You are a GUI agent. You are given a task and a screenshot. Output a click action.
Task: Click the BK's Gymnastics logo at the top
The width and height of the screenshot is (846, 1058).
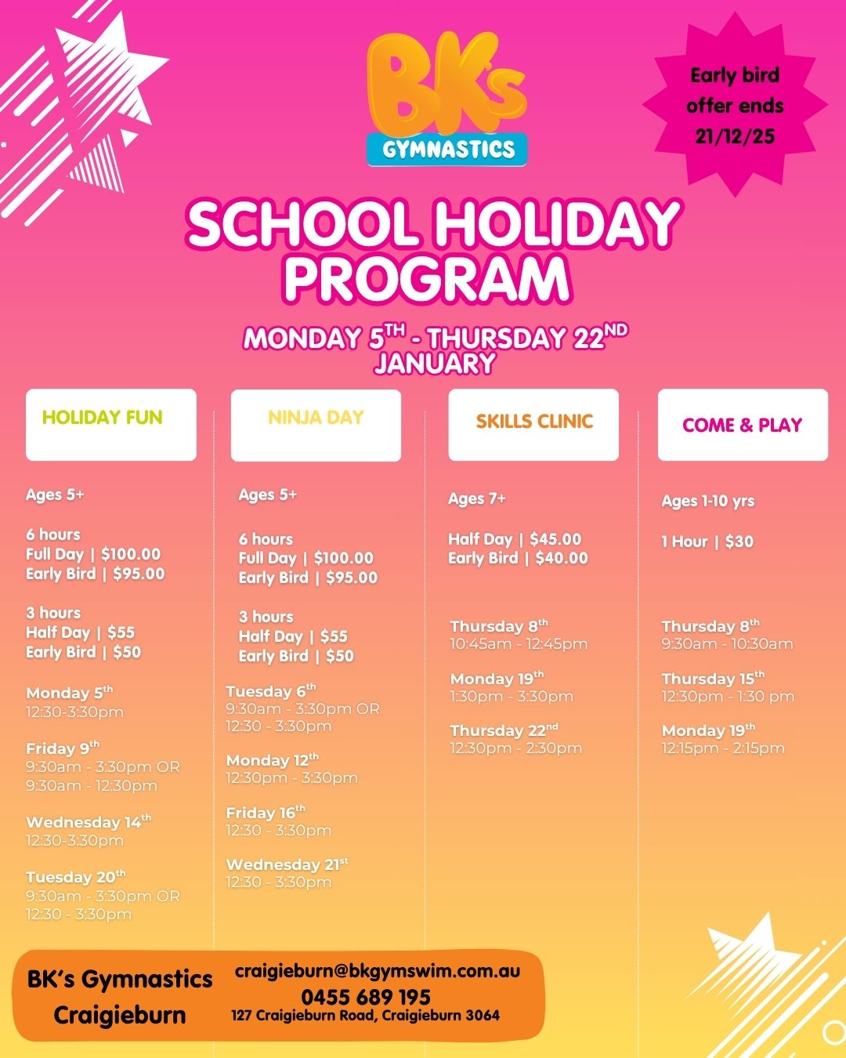(x=447, y=100)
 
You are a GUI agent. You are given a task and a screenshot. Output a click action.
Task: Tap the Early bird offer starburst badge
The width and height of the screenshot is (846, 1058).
(x=735, y=106)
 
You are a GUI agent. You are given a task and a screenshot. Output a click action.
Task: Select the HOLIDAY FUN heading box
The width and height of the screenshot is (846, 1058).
(x=110, y=424)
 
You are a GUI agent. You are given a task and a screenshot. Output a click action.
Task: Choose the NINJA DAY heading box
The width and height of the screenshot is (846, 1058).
(x=316, y=425)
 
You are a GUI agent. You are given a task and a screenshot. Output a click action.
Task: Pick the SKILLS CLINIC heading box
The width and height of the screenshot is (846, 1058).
(x=533, y=424)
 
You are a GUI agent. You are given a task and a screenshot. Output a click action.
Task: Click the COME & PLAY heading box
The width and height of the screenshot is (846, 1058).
(x=742, y=425)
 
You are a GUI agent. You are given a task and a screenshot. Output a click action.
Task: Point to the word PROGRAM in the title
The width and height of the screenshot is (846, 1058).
(x=427, y=277)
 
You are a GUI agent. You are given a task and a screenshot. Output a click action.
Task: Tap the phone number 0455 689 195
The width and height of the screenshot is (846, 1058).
(x=366, y=997)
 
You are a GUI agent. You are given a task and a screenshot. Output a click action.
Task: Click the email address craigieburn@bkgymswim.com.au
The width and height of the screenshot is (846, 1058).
(x=378, y=971)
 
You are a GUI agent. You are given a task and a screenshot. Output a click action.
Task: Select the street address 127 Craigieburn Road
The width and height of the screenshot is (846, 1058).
(x=365, y=1016)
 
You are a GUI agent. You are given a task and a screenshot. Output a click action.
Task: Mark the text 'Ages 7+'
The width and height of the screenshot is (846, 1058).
(x=477, y=498)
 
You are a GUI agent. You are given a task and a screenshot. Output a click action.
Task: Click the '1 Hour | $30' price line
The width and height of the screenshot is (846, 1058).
(x=707, y=542)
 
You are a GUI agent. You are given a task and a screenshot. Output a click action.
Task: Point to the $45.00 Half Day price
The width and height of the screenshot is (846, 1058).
(x=555, y=539)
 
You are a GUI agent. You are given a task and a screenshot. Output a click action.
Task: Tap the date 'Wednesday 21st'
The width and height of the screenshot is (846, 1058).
(x=287, y=864)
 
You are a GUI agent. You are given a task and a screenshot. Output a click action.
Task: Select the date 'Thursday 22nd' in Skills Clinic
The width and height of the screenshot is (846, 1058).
(x=504, y=730)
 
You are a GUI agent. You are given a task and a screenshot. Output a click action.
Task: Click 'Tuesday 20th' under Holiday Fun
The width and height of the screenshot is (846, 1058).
(x=75, y=877)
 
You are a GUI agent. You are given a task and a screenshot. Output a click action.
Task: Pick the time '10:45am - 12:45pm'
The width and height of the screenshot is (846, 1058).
(x=519, y=644)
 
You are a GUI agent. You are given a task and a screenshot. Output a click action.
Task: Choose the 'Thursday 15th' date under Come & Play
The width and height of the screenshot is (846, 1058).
(x=713, y=679)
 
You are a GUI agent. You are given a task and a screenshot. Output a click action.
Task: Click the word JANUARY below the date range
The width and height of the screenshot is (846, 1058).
(x=435, y=364)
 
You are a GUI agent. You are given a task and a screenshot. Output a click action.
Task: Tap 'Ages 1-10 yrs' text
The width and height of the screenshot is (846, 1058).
(x=708, y=501)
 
